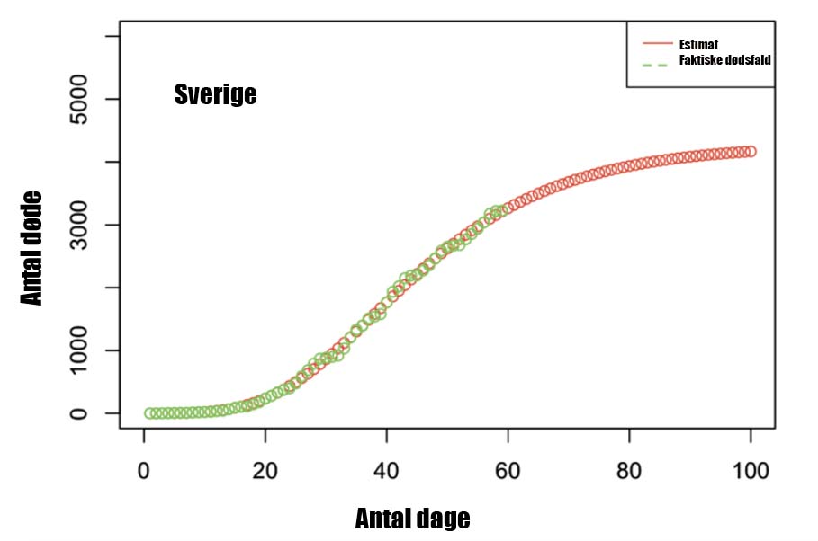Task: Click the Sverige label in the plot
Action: [215, 94]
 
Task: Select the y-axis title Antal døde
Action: [31, 248]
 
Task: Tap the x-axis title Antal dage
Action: [413, 519]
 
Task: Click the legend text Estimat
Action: [698, 44]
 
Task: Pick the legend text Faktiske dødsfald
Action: [724, 60]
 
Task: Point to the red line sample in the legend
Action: [657, 43]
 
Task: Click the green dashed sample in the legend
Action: [655, 65]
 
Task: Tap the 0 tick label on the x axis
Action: [143, 471]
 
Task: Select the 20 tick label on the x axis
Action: [265, 471]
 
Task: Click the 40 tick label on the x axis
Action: [387, 471]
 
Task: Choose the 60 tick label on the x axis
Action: [508, 471]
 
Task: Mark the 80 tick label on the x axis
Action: [629, 471]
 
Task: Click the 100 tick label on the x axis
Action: [751, 471]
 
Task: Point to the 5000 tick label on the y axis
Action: [79, 99]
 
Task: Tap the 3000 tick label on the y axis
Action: [79, 225]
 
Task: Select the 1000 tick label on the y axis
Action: [79, 350]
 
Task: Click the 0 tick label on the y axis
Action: [79, 413]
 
